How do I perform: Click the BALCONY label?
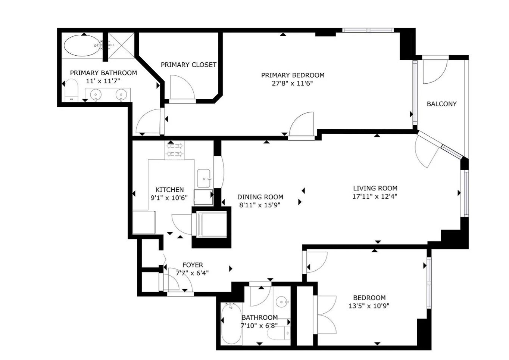point(441,104)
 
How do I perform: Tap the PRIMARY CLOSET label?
point(188,65)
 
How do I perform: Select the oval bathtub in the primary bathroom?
point(82,46)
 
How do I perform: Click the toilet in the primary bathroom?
point(71,90)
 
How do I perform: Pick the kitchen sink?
point(204,178)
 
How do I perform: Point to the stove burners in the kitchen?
point(175,150)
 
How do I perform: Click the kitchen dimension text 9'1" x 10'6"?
point(169,198)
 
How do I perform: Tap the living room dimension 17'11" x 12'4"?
point(375,196)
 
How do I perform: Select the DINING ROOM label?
point(260,197)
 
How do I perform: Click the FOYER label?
point(193,265)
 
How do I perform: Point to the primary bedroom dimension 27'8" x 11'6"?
point(292,83)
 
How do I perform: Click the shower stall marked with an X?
point(121,46)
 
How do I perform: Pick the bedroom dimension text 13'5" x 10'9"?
point(369,306)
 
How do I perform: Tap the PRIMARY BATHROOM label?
point(103,73)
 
